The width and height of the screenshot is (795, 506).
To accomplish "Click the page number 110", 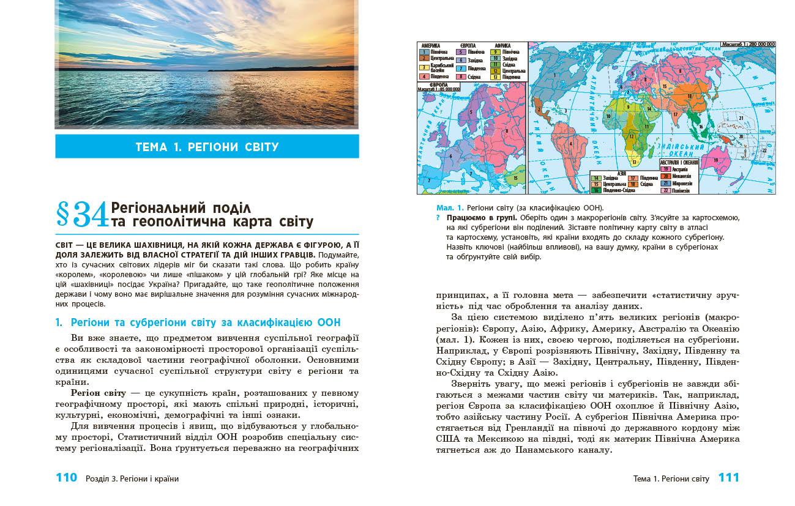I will pyautogui.click(x=66, y=478).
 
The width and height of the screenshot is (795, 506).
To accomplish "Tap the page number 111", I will pyautogui.click(x=728, y=478).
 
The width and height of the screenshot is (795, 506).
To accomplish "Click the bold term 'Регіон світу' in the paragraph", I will pyautogui.click(x=99, y=392).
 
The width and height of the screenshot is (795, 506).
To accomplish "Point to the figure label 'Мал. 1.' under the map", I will pyautogui.click(x=449, y=207).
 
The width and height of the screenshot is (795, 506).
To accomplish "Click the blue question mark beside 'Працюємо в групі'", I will pyautogui.click(x=438, y=217).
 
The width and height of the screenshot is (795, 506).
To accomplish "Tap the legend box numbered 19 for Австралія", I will pyautogui.click(x=665, y=168).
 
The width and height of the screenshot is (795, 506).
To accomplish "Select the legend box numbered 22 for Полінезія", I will pyautogui.click(x=665, y=190).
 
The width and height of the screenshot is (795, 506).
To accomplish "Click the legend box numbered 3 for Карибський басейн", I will pyautogui.click(x=424, y=67).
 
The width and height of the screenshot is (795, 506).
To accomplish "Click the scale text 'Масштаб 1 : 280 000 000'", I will pyautogui.click(x=747, y=45).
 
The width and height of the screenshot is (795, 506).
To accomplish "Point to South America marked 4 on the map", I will pyautogui.click(x=570, y=145).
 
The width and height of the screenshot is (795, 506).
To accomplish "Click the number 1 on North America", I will pyautogui.click(x=553, y=75).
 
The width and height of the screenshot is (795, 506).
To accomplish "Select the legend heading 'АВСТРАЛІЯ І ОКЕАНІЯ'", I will pyautogui.click(x=679, y=162).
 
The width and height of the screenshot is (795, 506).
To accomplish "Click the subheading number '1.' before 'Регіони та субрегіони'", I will pyautogui.click(x=59, y=322).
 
